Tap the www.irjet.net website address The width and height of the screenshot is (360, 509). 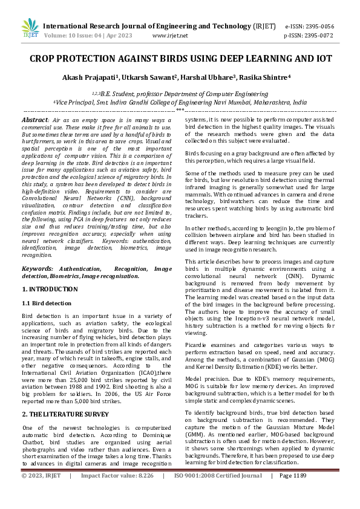(168, 36)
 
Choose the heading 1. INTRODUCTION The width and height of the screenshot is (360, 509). (50, 290)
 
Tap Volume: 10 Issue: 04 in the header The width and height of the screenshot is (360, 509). (67, 36)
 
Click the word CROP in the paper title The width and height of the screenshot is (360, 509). (45, 60)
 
